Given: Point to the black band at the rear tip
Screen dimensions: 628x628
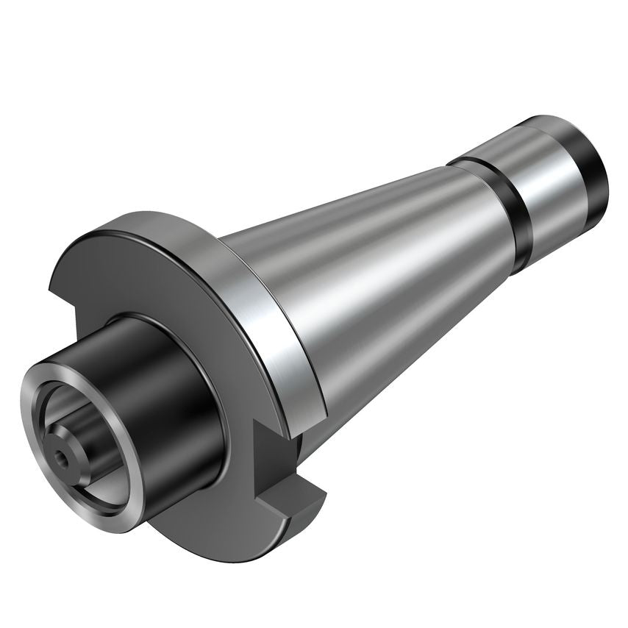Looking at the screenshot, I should coord(592,169).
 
